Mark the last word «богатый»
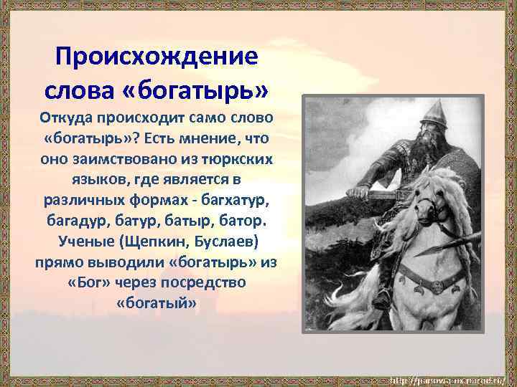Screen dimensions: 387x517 pyautogui.click(x=156, y=303)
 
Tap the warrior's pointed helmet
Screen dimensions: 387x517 pyautogui.click(x=433, y=113)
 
